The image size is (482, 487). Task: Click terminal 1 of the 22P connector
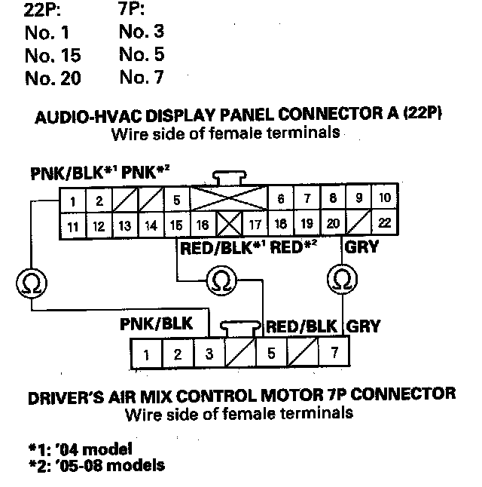tap(72, 201)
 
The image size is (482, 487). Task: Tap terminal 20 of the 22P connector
tap(331, 224)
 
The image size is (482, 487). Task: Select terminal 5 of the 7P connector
tap(271, 353)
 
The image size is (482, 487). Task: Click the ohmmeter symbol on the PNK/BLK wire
tap(31, 283)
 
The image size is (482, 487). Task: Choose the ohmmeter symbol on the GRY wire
tap(339, 280)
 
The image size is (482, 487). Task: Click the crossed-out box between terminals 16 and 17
tap(227, 224)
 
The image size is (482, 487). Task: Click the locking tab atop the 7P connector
tap(239, 328)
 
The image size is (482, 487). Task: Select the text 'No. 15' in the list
tap(52, 55)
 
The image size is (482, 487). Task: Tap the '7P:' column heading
tap(133, 11)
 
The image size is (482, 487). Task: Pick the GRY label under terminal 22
tap(361, 247)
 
